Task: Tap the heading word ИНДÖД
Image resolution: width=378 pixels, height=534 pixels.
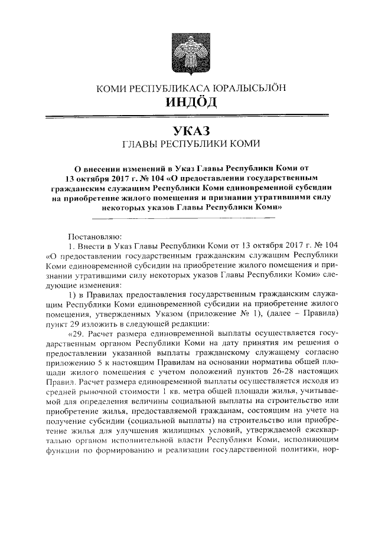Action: coord(190,102)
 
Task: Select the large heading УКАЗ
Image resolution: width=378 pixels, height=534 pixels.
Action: coord(190,129)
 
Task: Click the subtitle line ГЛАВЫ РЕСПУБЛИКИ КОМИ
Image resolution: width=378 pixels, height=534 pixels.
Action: coord(190,144)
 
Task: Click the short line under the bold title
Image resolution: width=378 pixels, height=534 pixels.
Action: coord(190,218)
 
